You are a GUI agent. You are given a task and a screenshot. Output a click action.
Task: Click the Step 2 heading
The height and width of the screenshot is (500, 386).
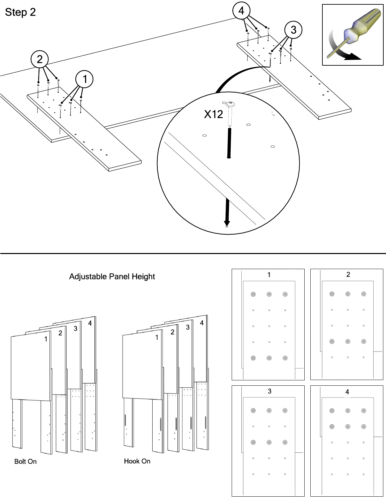click(20, 12)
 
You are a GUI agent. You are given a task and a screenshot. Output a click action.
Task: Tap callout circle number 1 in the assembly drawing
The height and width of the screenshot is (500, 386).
click(84, 79)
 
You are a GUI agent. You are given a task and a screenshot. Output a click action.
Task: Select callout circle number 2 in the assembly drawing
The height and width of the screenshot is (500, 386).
click(40, 59)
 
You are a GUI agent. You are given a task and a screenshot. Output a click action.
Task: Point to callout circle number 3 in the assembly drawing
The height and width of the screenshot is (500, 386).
click(293, 30)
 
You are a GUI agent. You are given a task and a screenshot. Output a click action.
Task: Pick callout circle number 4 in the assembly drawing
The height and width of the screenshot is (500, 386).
click(241, 10)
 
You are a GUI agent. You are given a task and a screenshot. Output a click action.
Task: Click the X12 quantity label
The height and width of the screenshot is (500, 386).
click(214, 114)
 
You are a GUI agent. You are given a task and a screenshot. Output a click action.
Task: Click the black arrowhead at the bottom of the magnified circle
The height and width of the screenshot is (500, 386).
click(227, 223)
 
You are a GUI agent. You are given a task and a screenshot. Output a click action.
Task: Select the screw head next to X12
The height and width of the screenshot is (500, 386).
click(230, 105)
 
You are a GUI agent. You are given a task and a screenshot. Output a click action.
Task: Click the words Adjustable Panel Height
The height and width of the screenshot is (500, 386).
click(112, 276)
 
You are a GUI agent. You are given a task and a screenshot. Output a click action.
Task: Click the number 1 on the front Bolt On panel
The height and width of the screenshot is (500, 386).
click(46, 339)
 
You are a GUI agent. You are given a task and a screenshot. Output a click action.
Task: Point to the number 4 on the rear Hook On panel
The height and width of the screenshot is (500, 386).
click(202, 323)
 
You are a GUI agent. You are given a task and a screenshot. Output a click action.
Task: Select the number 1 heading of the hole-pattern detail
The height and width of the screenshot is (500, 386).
click(269, 275)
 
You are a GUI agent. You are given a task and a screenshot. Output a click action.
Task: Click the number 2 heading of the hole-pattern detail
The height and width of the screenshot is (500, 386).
click(348, 274)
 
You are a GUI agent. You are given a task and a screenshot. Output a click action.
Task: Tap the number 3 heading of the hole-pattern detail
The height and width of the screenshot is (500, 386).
click(269, 391)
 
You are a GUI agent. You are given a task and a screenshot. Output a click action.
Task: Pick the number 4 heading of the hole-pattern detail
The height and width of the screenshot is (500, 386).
click(347, 392)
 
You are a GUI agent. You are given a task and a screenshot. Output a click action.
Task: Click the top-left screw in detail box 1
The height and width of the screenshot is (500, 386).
click(253, 294)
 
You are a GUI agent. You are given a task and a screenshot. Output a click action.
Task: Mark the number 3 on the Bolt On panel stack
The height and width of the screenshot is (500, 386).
click(75, 328)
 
